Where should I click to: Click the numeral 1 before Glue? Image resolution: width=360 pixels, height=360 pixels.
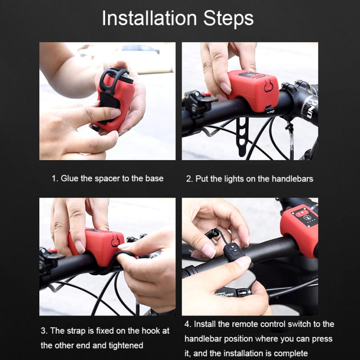point(54,179)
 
